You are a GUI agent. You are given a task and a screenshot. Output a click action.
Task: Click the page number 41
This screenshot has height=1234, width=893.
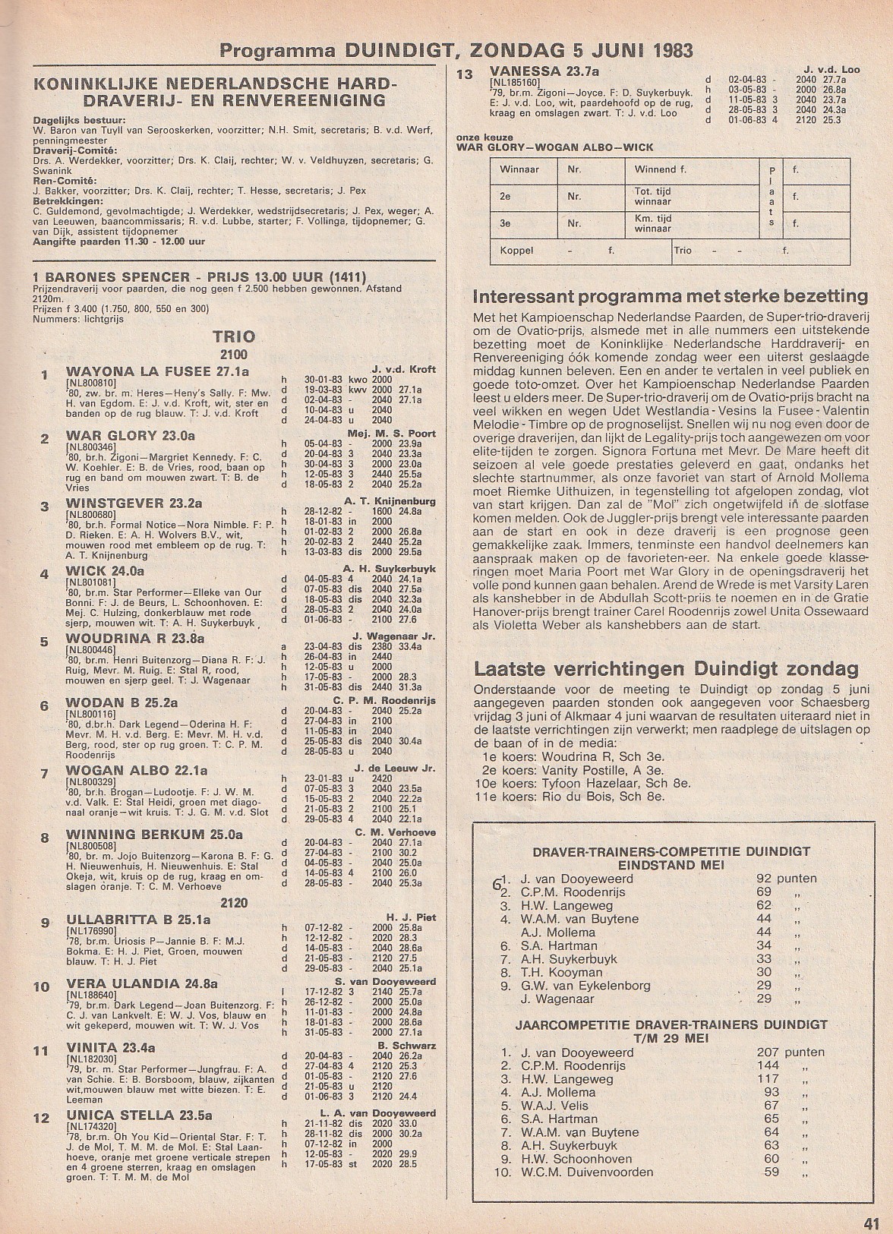click(x=870, y=1222)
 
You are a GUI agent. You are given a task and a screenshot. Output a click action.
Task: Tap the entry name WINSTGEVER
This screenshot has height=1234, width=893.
click(x=115, y=503)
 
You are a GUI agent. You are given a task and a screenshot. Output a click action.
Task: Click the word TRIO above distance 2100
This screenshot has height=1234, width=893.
click(x=234, y=336)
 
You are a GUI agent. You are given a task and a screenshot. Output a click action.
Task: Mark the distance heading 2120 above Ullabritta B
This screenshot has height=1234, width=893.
click(x=234, y=903)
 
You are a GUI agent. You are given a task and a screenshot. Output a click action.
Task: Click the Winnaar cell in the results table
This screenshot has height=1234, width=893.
click(x=519, y=169)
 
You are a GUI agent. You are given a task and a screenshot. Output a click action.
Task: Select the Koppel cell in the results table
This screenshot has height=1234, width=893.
click(x=516, y=249)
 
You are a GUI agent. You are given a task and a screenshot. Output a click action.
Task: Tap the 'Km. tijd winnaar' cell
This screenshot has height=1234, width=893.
click(x=653, y=223)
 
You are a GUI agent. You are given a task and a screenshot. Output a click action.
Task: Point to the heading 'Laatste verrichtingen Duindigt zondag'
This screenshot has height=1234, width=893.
click(x=667, y=668)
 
